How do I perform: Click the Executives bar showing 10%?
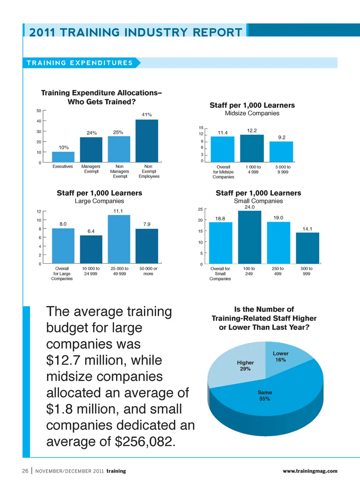[63, 157]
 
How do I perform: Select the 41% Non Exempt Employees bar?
[147, 141]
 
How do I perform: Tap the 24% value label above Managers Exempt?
[92, 133]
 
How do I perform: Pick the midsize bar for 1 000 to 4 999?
[252, 148]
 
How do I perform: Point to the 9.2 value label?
[282, 137]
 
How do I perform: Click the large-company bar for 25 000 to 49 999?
[119, 239]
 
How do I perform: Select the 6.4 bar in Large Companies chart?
[91, 249]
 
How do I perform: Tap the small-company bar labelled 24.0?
[249, 237]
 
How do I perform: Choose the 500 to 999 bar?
[307, 248]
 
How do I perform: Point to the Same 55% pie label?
[265, 395]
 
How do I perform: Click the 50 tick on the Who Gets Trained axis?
[39, 111]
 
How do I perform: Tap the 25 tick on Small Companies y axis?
[200, 209]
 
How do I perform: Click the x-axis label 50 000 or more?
[148, 271]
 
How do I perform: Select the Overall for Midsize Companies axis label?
[223, 172]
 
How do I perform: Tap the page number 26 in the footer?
[25, 471]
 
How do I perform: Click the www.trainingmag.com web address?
[310, 471]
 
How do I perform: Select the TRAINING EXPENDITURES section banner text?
[80, 63]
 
